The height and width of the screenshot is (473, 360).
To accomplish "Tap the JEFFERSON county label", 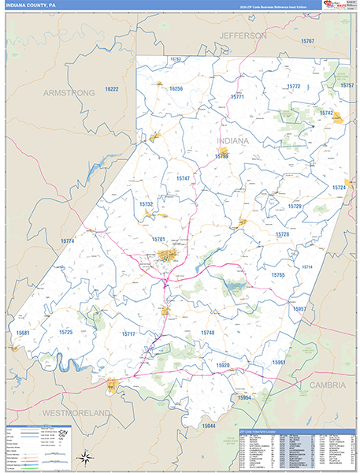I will pyautogui.click(x=243, y=36).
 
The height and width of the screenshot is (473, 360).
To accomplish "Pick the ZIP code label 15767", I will pyautogui.click(x=306, y=40).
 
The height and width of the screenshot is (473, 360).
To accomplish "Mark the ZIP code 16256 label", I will pyautogui.click(x=176, y=89).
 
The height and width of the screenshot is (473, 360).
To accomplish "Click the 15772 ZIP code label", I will pyautogui.click(x=294, y=86).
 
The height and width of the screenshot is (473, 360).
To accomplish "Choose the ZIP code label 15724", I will pyautogui.click(x=340, y=188).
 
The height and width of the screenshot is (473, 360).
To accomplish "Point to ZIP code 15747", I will pyautogui.click(x=183, y=179).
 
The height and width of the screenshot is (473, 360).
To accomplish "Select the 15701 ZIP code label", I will pyautogui.click(x=158, y=239).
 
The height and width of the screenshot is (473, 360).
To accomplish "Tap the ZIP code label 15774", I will pyautogui.click(x=67, y=240).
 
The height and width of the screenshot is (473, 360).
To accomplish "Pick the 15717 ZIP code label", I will pyautogui.click(x=128, y=333).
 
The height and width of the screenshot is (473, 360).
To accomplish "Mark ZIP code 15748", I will pyautogui.click(x=207, y=333).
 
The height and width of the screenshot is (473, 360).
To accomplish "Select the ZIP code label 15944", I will pyautogui.click(x=208, y=426).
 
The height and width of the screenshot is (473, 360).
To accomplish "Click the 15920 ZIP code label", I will pyautogui.click(x=223, y=366).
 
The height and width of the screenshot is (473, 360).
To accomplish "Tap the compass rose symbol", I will pyautogui.click(x=84, y=457).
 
